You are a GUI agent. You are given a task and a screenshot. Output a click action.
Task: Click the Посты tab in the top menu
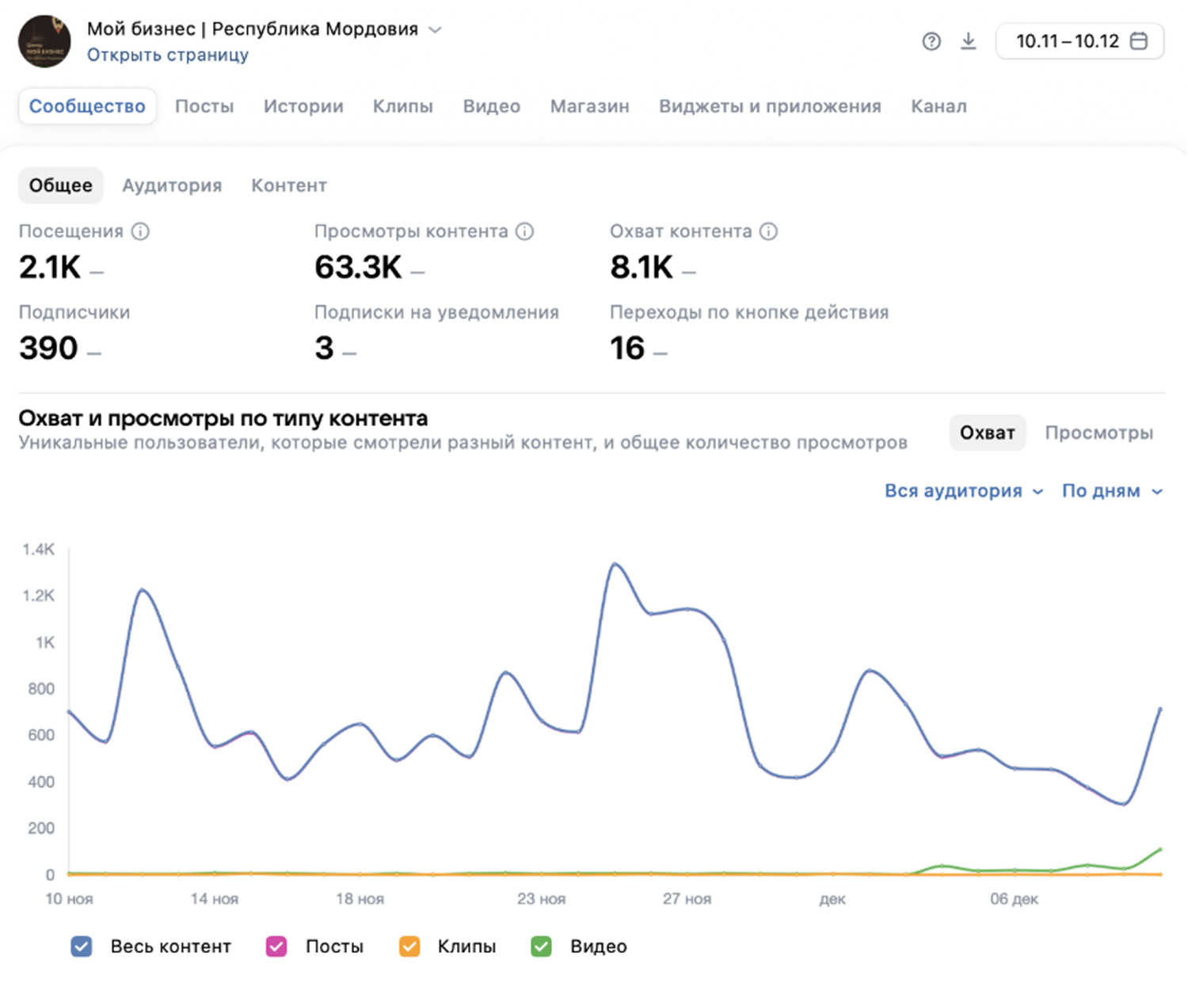coord(204,106)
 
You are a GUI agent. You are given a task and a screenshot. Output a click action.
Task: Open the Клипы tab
coord(402,106)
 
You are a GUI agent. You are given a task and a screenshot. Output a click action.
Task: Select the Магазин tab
coord(589,106)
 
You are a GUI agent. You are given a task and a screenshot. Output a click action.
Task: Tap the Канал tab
coord(939,106)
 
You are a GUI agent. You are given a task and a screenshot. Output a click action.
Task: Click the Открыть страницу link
coord(168,55)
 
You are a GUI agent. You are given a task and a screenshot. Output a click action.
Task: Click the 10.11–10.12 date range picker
coord(1079,41)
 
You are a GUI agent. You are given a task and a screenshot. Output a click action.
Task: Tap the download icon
coord(968,41)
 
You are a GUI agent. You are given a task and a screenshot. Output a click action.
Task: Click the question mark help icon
coord(931,41)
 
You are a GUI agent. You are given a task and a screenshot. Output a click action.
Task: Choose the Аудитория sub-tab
coord(172,185)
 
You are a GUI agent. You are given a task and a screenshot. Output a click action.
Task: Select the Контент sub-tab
coord(289,185)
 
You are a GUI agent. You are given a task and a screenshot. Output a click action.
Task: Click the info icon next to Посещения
coord(140,231)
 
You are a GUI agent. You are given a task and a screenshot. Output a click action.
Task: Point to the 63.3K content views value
coord(359,267)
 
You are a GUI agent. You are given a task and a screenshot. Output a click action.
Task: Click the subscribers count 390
coord(49,348)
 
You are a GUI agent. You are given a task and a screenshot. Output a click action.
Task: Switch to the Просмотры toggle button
coord(1099,432)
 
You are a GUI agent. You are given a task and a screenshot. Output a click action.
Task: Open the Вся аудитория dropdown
coord(963,491)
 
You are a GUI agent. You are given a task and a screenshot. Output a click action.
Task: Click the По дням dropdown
coord(1111,491)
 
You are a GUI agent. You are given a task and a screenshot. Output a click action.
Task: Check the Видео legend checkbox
coord(542,947)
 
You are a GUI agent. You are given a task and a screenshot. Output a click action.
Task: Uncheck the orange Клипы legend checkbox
coord(409,947)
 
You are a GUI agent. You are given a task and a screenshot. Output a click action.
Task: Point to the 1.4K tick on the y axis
coord(39,549)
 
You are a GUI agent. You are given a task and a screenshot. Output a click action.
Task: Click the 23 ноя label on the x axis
coord(541,899)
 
